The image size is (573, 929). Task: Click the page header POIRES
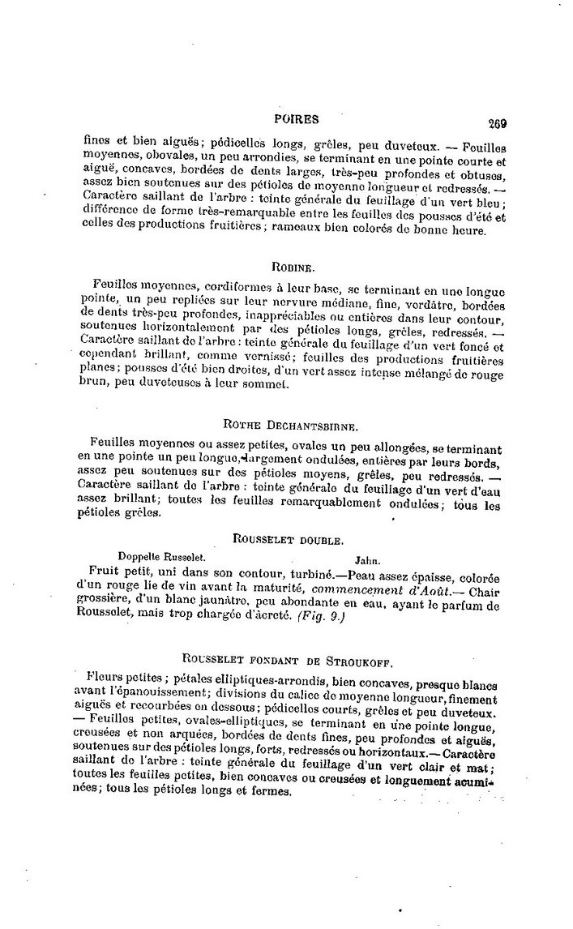[297, 118]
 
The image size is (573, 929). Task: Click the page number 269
[497, 123]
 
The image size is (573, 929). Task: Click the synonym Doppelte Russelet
[161, 557]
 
